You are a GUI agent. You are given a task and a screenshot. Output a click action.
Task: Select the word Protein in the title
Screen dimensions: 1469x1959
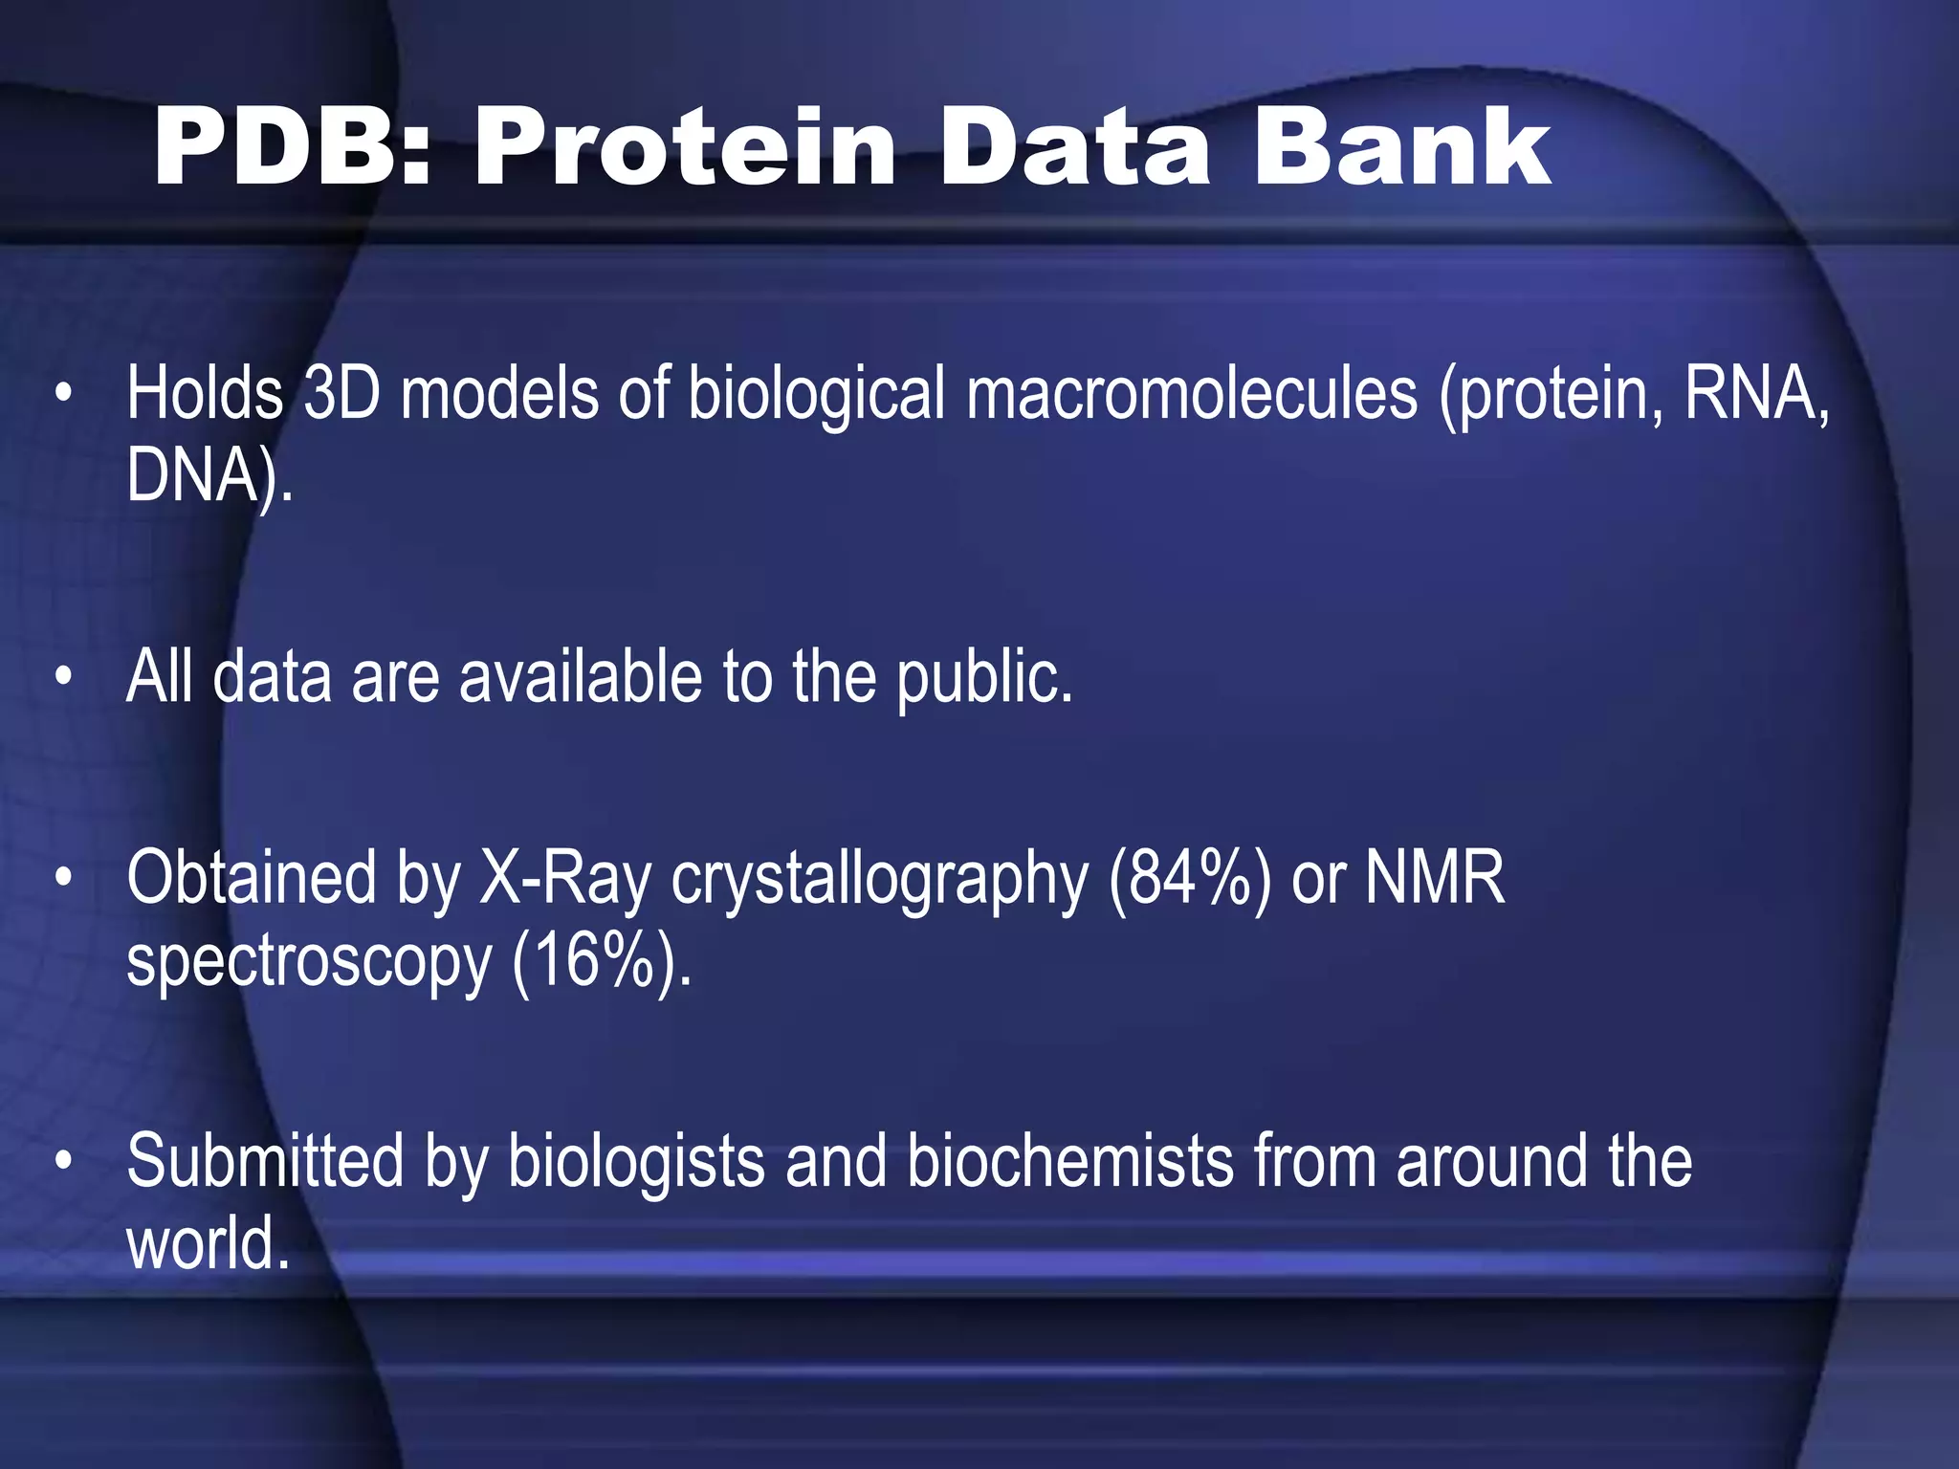point(685,149)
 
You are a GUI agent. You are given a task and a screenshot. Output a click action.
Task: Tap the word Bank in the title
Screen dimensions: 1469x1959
point(1401,149)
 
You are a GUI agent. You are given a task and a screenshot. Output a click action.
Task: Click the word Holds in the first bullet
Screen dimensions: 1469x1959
point(205,393)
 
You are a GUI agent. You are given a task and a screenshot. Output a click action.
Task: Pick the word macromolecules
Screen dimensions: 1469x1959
point(1192,393)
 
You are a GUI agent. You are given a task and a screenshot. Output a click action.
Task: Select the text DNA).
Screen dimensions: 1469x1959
point(209,475)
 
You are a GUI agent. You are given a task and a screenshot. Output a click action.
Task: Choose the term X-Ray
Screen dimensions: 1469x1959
point(565,878)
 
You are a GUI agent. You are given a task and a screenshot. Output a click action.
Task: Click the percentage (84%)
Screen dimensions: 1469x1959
point(1190,878)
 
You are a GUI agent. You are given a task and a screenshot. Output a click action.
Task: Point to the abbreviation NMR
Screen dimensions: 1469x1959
point(1434,878)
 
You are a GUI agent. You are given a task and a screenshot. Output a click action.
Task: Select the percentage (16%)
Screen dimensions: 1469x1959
point(600,960)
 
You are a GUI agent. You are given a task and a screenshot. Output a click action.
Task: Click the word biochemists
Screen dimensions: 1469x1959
point(1069,1161)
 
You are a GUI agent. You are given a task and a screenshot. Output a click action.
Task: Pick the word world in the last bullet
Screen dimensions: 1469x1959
point(205,1243)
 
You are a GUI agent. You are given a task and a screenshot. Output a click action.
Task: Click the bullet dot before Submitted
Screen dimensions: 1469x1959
point(63,1161)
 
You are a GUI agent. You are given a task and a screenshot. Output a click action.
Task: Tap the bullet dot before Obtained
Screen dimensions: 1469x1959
point(63,878)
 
